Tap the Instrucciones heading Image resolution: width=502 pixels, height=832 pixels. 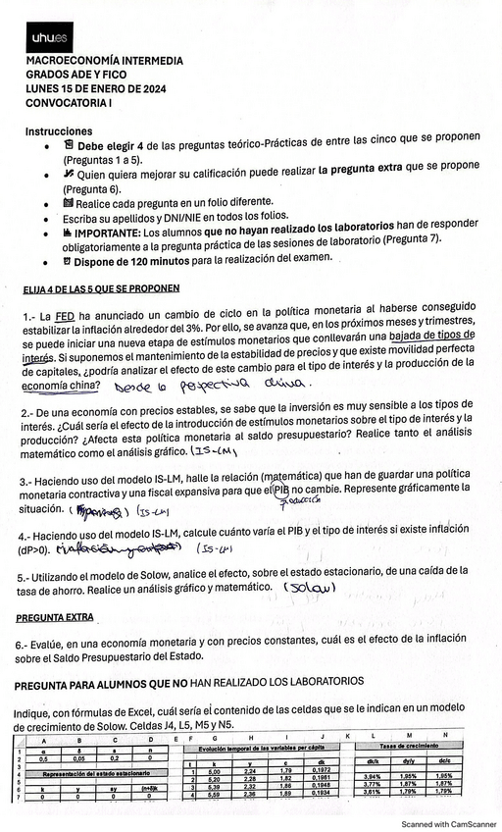click(x=60, y=130)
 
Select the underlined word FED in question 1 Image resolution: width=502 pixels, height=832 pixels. click(x=65, y=317)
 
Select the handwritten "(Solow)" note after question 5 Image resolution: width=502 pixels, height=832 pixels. click(x=310, y=587)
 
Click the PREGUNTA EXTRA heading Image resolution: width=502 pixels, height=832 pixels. click(x=55, y=618)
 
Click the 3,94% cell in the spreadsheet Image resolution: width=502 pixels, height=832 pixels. click(x=374, y=775)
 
